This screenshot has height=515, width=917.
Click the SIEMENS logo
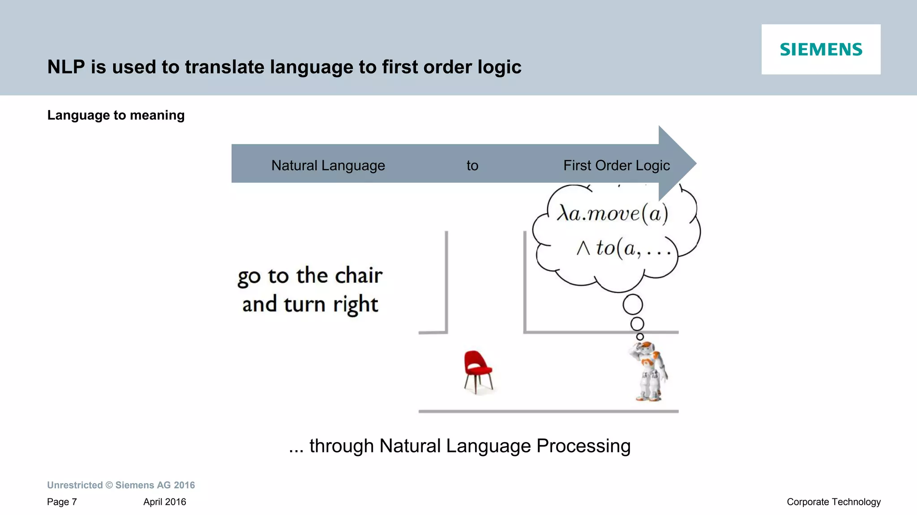(x=821, y=49)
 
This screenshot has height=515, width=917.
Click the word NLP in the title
(x=66, y=67)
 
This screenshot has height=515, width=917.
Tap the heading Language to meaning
(x=116, y=115)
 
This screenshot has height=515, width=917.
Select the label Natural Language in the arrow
(x=328, y=166)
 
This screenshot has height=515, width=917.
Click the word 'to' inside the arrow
(x=472, y=166)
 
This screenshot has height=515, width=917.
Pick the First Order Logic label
(x=616, y=166)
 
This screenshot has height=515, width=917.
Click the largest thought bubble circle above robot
(x=632, y=305)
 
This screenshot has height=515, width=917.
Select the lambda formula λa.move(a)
(x=612, y=213)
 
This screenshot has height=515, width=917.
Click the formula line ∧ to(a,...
(x=624, y=248)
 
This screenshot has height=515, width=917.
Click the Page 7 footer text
(x=62, y=502)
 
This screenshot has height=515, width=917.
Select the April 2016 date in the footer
(x=164, y=502)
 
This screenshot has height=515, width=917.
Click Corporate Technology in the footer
(x=833, y=502)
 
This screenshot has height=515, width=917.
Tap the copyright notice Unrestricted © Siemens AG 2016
(x=121, y=485)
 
